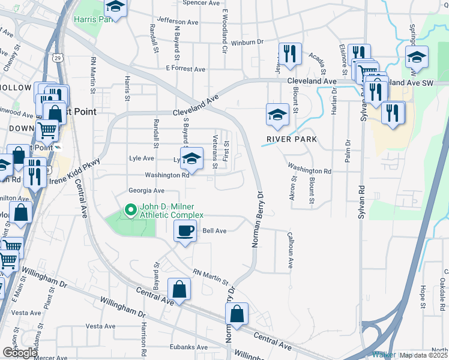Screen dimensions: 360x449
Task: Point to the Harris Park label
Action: coord(92,19)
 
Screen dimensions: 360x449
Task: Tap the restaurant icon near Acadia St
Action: coord(289,53)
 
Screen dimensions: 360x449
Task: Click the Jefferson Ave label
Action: coord(176,22)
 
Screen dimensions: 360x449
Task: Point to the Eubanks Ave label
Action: coord(188,347)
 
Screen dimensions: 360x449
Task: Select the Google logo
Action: coord(19,353)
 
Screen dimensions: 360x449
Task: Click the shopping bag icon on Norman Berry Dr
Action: coord(237,314)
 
